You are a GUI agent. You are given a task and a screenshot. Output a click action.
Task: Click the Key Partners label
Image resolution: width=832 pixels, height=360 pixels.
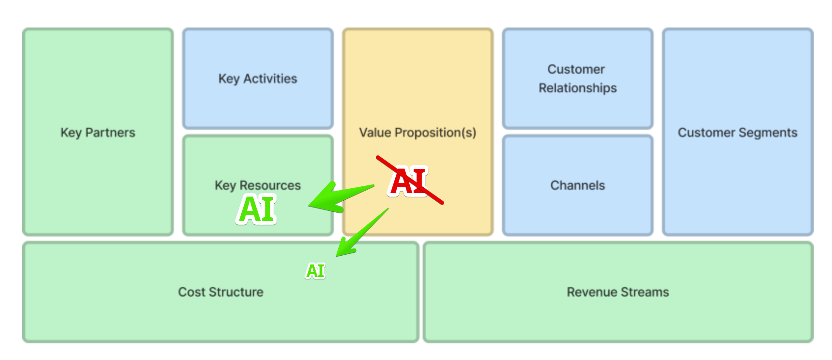[98, 133]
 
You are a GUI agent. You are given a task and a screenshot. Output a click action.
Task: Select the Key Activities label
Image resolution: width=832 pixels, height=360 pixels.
[258, 79]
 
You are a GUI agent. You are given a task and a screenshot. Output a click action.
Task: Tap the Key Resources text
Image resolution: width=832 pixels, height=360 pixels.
[258, 185]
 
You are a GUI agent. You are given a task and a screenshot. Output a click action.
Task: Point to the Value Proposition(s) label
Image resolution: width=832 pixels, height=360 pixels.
[417, 133]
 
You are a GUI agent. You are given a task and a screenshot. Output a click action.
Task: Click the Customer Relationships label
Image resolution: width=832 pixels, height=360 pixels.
[577, 79]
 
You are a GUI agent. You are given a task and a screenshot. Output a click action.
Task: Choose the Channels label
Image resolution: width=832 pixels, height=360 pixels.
[578, 185]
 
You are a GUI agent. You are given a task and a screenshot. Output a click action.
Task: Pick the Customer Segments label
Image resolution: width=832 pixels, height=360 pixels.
[737, 133]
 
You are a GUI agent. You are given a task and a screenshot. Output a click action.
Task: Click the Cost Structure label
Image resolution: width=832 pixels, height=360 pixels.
[221, 292]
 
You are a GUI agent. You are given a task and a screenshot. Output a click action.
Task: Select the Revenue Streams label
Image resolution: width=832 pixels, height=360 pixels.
[618, 292]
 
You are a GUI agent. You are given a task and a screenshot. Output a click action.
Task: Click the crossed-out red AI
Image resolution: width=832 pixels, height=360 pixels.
[409, 181]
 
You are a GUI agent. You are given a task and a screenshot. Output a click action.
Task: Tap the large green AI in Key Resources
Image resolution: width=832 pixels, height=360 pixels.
[257, 210]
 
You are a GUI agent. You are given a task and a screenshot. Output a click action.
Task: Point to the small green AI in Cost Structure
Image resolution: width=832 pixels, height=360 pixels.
[316, 271]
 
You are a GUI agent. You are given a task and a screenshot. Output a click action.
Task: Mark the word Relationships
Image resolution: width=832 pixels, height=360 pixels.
[578, 88]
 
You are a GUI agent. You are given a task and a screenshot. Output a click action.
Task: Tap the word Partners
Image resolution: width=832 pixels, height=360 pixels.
[111, 133]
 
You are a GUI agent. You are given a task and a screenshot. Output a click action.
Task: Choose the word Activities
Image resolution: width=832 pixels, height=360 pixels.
[270, 79]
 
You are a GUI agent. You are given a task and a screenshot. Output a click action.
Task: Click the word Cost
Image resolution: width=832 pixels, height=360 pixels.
[192, 292]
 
